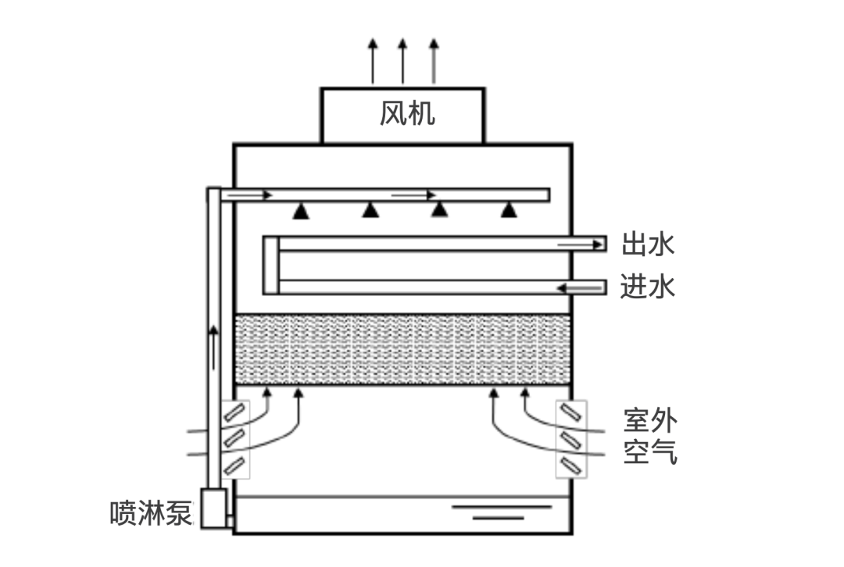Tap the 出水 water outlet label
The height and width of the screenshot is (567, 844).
[648, 244]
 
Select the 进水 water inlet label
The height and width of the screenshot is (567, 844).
[648, 287]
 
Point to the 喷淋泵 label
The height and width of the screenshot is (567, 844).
[151, 513]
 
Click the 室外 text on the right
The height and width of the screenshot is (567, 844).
[650, 421]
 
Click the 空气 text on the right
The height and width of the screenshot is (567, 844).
[650, 452]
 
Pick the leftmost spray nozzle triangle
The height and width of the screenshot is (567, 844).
[300, 209]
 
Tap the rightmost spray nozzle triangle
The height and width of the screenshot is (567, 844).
[509, 209]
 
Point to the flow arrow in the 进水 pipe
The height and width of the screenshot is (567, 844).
[572, 288]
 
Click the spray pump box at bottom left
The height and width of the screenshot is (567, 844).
[213, 508]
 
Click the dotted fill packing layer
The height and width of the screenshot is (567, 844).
[402, 349]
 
